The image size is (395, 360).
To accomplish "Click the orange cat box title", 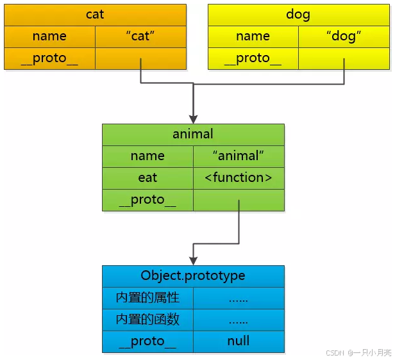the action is [x=95, y=14].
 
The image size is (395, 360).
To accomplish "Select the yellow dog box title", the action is [x=298, y=14].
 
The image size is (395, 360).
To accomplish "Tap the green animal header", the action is [x=193, y=134].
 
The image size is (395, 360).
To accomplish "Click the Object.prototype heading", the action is [x=193, y=275].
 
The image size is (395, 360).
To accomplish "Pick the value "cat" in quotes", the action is [x=140, y=37].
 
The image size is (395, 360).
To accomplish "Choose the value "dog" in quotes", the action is [x=344, y=37].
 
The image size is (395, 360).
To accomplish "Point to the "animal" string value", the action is [x=239, y=156].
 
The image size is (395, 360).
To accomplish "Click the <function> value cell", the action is [x=239, y=177].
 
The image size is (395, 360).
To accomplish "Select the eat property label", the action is [x=147, y=177].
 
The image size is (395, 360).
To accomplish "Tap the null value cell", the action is [x=239, y=341].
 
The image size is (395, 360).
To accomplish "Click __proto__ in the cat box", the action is [x=49, y=58].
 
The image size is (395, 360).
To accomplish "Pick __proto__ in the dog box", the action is [x=253, y=58].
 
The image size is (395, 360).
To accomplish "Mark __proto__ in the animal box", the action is [x=147, y=200].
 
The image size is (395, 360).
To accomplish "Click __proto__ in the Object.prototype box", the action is [x=147, y=341].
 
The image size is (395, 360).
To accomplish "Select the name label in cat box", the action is [x=49, y=37].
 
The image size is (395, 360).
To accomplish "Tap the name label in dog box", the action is [x=253, y=37].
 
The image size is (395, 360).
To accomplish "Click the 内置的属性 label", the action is [x=147, y=298].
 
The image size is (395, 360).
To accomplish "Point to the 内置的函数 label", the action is [x=147, y=320].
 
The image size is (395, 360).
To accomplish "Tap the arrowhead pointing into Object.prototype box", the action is [x=193, y=259].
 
